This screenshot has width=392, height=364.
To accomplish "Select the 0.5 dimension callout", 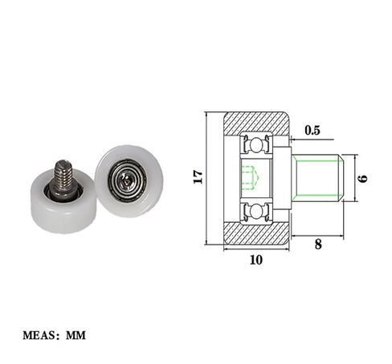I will [312, 131].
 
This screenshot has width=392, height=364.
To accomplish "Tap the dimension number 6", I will [363, 178].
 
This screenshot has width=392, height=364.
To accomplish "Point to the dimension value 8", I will [317, 245].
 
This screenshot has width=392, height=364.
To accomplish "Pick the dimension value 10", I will [255, 260].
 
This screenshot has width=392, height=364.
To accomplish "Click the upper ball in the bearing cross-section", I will [255, 145].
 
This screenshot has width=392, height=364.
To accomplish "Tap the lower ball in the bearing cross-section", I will [255, 210].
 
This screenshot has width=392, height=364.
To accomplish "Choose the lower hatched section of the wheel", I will [255, 234].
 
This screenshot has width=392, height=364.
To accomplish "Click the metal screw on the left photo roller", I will [63, 179].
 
